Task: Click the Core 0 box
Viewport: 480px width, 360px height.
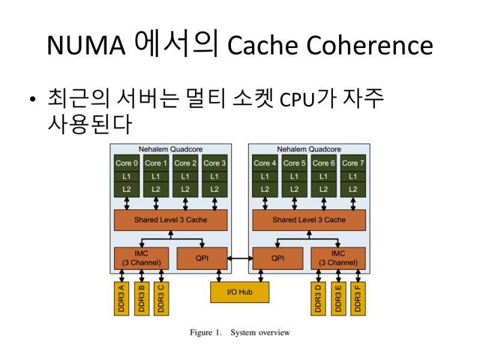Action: click(127, 163)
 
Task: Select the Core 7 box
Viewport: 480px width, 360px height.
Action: click(353, 163)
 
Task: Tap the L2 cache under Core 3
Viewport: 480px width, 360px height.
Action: click(215, 189)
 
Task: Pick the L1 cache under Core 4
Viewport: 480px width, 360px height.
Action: click(265, 176)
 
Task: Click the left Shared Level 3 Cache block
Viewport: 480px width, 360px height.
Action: click(170, 220)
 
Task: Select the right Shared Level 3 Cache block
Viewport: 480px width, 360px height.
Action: click(309, 220)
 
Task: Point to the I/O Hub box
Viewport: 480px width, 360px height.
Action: click(239, 292)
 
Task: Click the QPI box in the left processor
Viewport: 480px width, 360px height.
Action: click(202, 258)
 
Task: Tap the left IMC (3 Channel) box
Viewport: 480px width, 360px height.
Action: click(141, 258)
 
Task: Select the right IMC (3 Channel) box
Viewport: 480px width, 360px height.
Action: click(338, 258)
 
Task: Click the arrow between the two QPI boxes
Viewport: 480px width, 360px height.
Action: click(239, 258)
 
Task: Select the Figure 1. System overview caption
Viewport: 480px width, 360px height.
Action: click(239, 332)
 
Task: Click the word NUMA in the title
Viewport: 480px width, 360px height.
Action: click(86, 45)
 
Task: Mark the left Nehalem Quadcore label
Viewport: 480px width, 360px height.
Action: click(170, 149)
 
